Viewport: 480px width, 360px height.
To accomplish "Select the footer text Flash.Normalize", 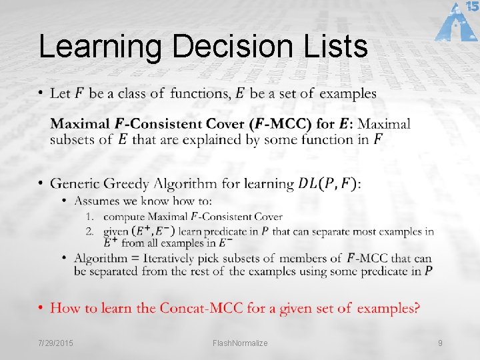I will (x=240, y=343).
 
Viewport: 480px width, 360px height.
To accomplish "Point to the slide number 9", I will (x=440, y=343).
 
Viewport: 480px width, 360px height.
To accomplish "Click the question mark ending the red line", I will (x=417, y=308).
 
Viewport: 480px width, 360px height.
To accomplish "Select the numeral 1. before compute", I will (x=90, y=217).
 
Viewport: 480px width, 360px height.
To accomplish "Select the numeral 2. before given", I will (x=90, y=231).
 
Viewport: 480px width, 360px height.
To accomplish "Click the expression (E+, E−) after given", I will (x=154, y=231).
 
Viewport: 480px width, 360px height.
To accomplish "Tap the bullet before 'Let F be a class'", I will (x=41, y=93).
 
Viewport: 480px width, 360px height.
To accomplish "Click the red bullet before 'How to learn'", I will (x=41, y=308).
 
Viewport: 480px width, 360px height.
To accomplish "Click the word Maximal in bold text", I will (x=81, y=124).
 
